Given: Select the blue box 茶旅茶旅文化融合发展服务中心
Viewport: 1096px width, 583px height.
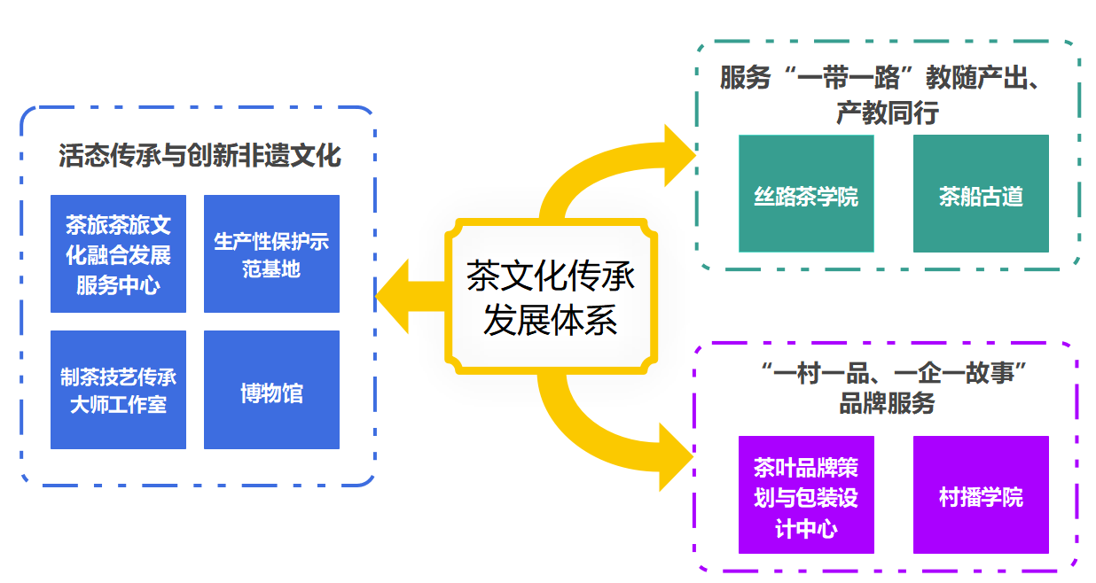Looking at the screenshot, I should click(x=118, y=253).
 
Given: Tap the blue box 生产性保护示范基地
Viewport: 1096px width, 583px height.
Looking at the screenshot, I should click(x=271, y=253).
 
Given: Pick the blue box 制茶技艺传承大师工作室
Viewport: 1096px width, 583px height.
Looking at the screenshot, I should click(x=118, y=390).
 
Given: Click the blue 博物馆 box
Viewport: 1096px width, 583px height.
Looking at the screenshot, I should click(x=271, y=390).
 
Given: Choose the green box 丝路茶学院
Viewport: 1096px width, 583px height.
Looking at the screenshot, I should click(x=806, y=194).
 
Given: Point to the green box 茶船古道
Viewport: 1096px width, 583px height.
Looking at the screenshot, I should click(x=981, y=194).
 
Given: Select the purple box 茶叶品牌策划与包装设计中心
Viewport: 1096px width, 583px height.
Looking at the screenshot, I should click(x=806, y=495).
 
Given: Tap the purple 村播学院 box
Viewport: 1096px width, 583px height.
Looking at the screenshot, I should click(x=981, y=495).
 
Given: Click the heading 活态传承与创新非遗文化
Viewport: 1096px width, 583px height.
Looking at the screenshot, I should click(x=200, y=155).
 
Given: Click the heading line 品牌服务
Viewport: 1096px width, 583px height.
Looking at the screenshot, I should click(x=887, y=404).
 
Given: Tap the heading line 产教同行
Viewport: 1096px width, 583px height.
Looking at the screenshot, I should click(x=887, y=113).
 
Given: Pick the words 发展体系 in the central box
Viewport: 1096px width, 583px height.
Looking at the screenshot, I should click(x=551, y=320).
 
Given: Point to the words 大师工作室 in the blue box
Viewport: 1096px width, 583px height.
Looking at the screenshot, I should click(x=118, y=406).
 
